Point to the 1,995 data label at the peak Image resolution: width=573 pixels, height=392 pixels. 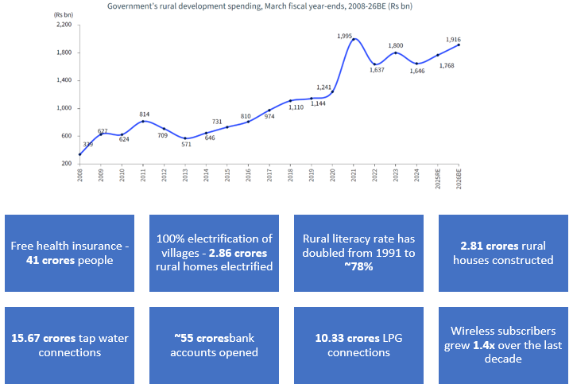click(x=345, y=37)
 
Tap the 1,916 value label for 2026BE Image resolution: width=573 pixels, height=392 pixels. click(x=453, y=40)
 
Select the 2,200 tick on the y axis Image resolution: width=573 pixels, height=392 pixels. click(x=64, y=25)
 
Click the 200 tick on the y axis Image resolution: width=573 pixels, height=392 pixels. click(x=67, y=164)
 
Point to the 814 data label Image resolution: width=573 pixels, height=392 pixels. click(x=143, y=114)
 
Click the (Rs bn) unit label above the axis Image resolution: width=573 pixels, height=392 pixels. click(x=63, y=15)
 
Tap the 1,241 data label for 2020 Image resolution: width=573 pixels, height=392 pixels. click(x=323, y=87)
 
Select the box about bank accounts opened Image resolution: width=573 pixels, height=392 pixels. click(x=215, y=345)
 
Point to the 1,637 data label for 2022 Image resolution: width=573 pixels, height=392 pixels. click(x=377, y=70)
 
